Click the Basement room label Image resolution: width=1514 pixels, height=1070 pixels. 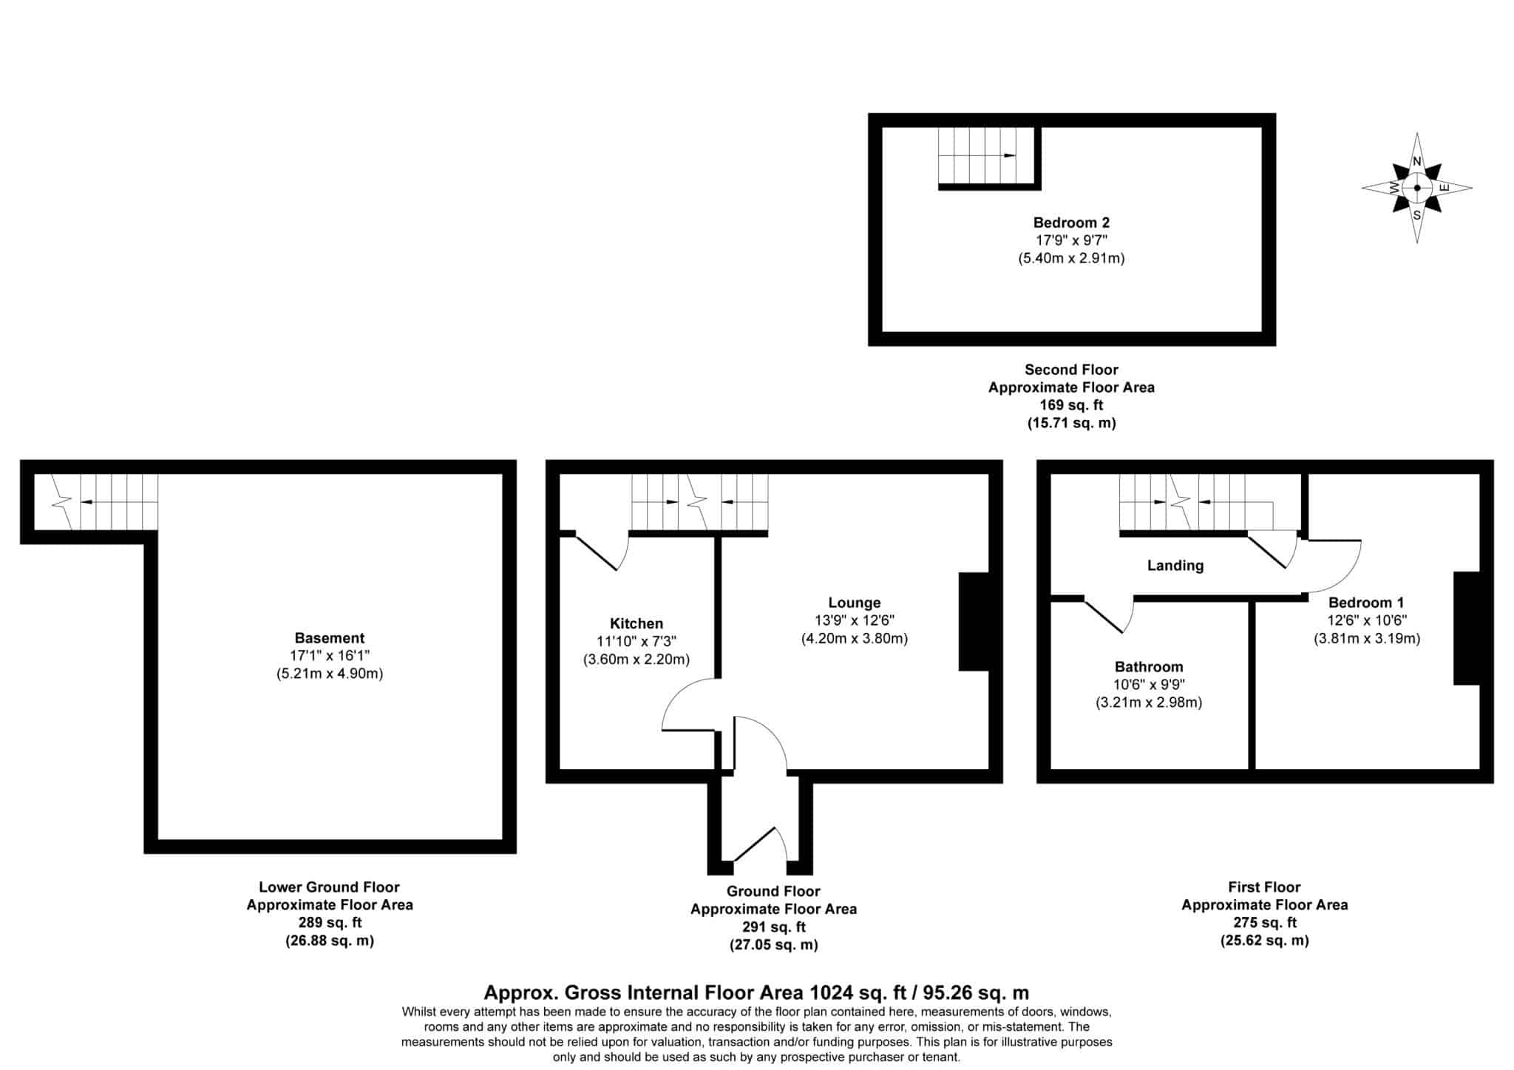tap(330, 638)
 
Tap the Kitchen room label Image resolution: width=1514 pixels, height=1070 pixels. tap(637, 623)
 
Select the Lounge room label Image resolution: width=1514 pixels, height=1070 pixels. tap(855, 603)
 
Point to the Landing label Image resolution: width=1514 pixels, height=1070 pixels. tap(1175, 566)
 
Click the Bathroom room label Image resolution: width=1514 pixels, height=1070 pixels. tap(1149, 666)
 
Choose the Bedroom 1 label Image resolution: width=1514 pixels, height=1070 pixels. tap(1366, 603)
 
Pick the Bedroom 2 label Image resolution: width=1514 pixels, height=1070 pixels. tap(1071, 223)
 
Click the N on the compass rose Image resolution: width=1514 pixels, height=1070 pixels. tap(1417, 162)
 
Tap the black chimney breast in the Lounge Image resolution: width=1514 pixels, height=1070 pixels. tap(974, 622)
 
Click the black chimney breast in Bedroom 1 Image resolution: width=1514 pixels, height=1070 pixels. tap(1467, 628)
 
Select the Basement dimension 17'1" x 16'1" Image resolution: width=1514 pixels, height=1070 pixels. tap(330, 655)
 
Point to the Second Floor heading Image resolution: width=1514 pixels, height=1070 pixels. tap(1071, 370)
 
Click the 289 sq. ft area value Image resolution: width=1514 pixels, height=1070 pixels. tap(330, 923)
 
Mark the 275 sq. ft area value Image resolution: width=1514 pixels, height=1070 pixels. tap(1264, 923)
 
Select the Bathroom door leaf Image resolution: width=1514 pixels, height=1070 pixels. tap(1103, 615)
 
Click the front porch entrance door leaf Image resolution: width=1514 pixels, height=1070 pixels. tap(754, 844)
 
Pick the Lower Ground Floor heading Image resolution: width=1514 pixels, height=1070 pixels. tap(330, 887)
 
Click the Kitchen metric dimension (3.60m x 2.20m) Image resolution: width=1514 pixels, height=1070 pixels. tap(637, 659)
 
